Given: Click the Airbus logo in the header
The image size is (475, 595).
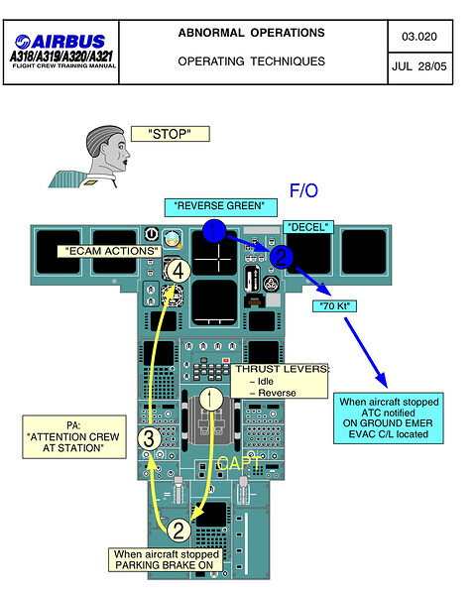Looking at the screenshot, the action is (60, 42).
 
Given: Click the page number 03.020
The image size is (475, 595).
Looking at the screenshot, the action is (419, 37).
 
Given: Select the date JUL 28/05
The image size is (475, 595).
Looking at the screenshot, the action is (419, 66).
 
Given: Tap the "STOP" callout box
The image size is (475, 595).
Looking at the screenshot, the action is (170, 134).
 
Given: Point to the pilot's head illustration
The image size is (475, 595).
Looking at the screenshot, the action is (108, 150).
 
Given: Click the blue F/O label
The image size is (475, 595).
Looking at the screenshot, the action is (303, 190).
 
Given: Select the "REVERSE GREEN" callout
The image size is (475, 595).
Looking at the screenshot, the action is (220, 207).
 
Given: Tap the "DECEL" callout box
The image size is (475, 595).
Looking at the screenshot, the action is (308, 227).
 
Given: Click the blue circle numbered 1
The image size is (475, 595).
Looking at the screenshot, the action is (214, 231).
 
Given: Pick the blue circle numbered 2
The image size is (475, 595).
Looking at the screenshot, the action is (282, 257).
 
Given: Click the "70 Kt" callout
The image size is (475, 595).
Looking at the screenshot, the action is (334, 305).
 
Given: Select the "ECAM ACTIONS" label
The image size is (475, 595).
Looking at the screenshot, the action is (109, 251).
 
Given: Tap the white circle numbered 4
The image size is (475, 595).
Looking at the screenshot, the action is (178, 271).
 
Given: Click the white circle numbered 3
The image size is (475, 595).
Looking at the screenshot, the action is (149, 438).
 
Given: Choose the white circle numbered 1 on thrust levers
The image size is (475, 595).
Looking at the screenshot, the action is (211, 399).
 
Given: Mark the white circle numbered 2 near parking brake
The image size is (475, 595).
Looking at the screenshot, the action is (178, 530).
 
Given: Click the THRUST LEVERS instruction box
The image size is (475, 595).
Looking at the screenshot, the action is (280, 381).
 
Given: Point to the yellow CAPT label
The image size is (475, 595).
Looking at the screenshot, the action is (239, 463).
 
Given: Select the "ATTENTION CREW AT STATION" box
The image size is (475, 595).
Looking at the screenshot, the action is (74, 436).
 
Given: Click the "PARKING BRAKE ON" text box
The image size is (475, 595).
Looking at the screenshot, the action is (166, 559).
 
